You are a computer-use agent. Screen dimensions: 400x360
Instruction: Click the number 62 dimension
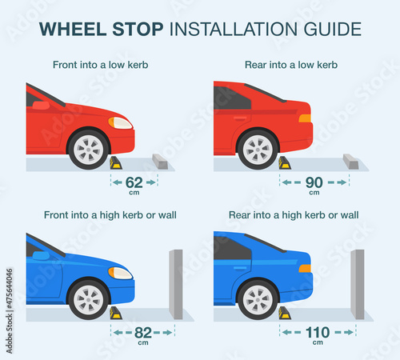tap(134, 182)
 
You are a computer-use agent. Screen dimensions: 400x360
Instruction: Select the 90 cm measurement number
tap(314, 182)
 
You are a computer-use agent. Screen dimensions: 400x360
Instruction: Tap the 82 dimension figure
tap(143, 333)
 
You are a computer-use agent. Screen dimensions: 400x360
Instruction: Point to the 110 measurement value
tap(318, 333)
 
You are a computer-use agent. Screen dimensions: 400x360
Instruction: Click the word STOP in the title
tap(138, 29)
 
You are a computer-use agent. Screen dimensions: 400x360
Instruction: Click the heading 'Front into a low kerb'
tap(101, 65)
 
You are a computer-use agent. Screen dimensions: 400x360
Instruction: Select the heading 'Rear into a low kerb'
tap(291, 65)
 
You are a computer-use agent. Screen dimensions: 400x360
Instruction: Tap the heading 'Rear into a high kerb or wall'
tap(294, 215)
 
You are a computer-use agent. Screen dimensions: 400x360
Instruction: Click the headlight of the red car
tap(120, 123)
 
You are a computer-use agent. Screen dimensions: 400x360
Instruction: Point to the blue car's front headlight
tap(120, 273)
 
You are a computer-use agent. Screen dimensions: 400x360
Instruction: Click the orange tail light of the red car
tap(305, 118)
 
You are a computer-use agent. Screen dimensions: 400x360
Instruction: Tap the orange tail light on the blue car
tap(305, 269)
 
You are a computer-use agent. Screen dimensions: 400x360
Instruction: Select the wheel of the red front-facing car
tap(88, 150)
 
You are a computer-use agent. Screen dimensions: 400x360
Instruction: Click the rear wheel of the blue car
tap(258, 300)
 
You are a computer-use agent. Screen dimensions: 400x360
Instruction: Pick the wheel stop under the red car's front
tap(116, 163)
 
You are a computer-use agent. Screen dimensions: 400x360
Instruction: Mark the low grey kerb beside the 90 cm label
tap(350, 162)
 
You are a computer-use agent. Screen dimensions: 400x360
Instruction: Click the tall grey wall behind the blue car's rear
tap(358, 284)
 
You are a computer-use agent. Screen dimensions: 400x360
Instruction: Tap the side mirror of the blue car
tap(41, 256)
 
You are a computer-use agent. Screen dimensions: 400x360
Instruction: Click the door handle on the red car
tap(240, 118)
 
